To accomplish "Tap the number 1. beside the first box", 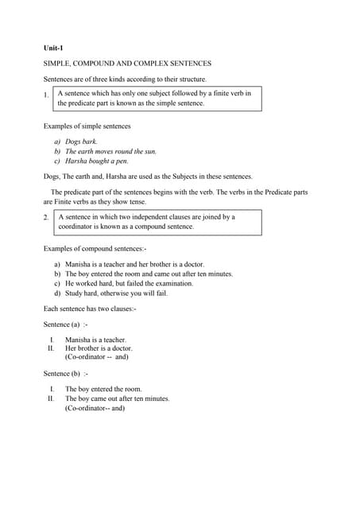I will (x=47, y=96).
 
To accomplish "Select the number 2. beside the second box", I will (x=47, y=218).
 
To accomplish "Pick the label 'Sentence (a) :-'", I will (x=65, y=324).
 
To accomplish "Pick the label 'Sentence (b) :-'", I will (x=65, y=373).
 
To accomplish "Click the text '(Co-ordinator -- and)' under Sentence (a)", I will (x=96, y=357).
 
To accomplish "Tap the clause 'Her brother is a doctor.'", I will (x=99, y=348).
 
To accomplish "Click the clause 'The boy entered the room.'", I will (x=103, y=389).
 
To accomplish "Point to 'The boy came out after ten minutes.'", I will (x=118, y=398).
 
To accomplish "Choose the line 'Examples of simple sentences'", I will (x=87, y=126).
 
